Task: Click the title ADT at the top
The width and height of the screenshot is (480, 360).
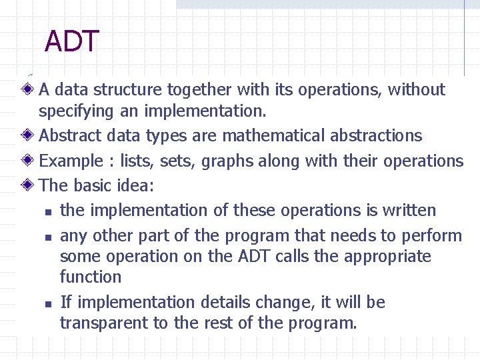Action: [x=72, y=42]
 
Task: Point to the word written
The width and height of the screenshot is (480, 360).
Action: [x=409, y=211]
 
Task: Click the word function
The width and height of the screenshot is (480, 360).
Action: [x=91, y=277]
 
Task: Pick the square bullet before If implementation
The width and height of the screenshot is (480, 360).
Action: [x=47, y=304]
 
